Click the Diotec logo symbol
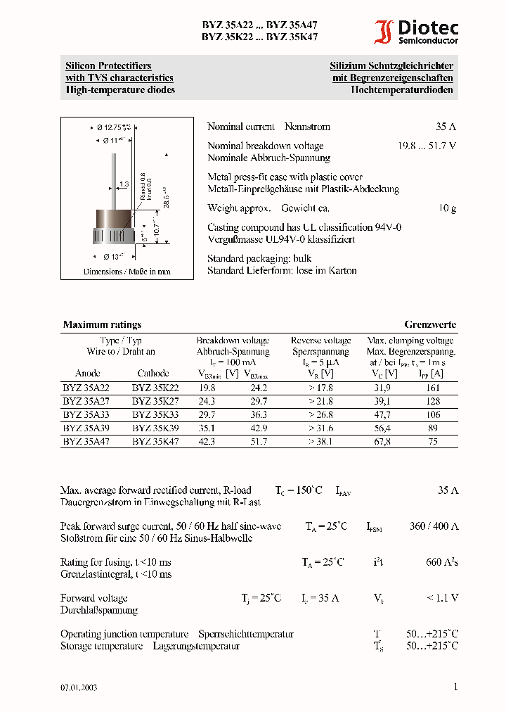tap(384, 32)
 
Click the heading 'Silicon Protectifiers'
tap(108, 66)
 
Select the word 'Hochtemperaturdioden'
tap(402, 90)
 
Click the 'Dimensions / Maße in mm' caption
tap(126, 272)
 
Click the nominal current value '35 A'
tap(446, 127)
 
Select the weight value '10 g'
tap(448, 208)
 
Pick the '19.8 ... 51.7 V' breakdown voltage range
tap(427, 146)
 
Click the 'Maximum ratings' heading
tap(102, 325)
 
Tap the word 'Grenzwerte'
tap(429, 325)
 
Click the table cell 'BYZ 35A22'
tap(87, 388)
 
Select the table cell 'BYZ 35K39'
tap(155, 428)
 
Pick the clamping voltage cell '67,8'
tap(382, 442)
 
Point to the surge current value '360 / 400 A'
tap(434, 526)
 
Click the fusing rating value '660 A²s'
tap(442, 562)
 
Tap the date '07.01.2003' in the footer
tap(79, 687)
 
